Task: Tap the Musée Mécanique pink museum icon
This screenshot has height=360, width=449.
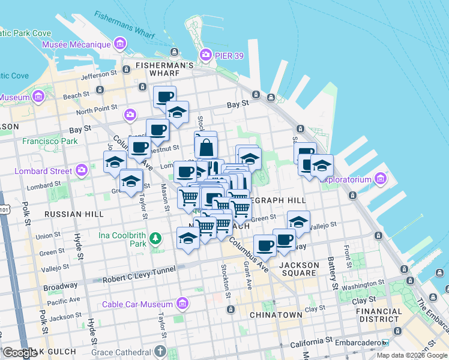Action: [121, 44]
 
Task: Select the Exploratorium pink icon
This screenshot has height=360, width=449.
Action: [379, 179]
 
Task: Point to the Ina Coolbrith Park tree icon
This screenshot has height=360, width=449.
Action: [155, 239]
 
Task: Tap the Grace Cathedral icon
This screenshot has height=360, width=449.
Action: [160, 351]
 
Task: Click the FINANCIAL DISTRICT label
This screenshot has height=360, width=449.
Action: [379, 315]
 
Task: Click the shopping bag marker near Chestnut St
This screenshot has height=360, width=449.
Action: [205, 146]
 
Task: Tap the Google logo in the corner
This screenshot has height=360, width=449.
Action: [20, 353]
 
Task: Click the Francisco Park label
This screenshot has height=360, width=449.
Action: [50, 142]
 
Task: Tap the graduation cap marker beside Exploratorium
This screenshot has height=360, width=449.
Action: [322, 166]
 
